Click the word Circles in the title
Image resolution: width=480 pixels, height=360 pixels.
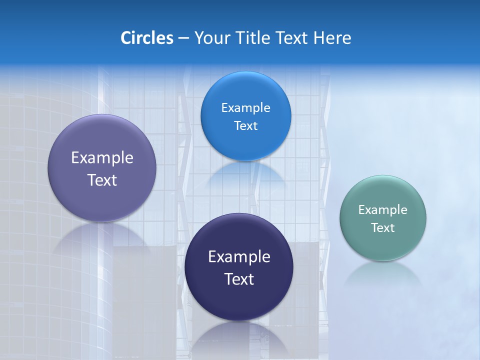147,38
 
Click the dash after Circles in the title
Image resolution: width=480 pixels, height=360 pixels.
183,38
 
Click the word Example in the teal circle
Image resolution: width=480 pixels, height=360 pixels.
383,210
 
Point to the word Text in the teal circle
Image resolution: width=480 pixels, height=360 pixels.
383,228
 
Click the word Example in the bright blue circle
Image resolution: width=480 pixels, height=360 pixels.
245,108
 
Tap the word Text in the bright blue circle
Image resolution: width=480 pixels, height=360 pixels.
245,126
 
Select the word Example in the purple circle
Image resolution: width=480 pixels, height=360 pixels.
102,158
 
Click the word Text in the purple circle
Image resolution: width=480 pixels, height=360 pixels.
102,180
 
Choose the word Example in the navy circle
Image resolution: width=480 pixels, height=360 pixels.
239,257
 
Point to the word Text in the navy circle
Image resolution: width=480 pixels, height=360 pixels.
239,279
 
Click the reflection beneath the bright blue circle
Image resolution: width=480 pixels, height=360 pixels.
245,172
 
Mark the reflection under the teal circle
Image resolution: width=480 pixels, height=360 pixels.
383,272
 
